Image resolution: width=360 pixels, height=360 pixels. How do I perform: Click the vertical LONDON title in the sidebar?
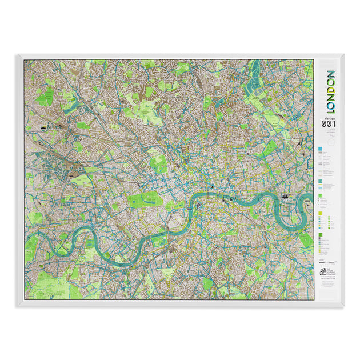pos(330,91)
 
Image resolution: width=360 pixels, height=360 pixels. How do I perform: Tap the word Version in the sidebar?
pos(328,118)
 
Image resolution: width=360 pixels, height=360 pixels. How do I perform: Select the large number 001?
pos(329,125)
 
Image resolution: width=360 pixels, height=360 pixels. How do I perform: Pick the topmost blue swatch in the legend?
pos(321,148)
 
